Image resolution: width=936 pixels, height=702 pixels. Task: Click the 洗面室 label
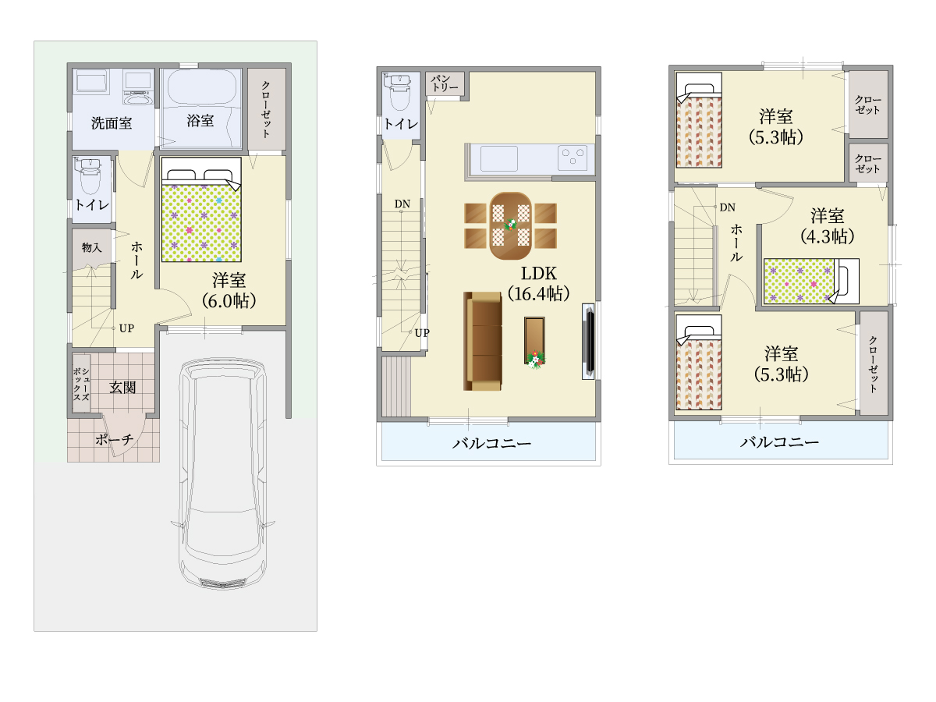tap(112, 123)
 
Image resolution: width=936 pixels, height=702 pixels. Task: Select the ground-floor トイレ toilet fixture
tap(88, 176)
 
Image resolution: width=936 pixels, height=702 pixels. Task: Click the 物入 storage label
tap(92, 247)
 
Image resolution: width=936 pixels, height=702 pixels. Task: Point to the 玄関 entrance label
tap(122, 388)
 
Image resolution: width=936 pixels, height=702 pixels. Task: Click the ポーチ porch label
tap(115, 439)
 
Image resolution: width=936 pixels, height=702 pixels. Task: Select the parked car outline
tap(222, 473)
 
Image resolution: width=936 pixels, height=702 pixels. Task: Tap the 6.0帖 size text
tap(229, 301)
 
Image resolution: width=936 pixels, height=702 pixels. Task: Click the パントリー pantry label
tap(445, 83)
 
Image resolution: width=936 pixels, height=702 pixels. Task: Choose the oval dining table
tap(510, 226)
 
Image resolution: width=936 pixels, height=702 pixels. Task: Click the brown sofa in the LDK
tap(483, 341)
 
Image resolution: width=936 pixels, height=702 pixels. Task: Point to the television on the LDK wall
tap(588, 342)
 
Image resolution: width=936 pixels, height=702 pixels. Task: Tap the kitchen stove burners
tap(573, 158)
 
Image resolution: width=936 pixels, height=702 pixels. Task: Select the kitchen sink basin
tap(499, 158)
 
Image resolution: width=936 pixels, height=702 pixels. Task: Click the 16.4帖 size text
tap(538, 294)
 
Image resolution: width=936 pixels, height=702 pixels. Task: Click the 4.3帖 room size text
tap(828, 236)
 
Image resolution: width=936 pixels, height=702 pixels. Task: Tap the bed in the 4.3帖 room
tap(811, 282)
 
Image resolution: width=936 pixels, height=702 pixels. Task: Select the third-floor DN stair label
tap(728, 207)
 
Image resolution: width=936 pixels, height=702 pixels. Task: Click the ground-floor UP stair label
tap(126, 328)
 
